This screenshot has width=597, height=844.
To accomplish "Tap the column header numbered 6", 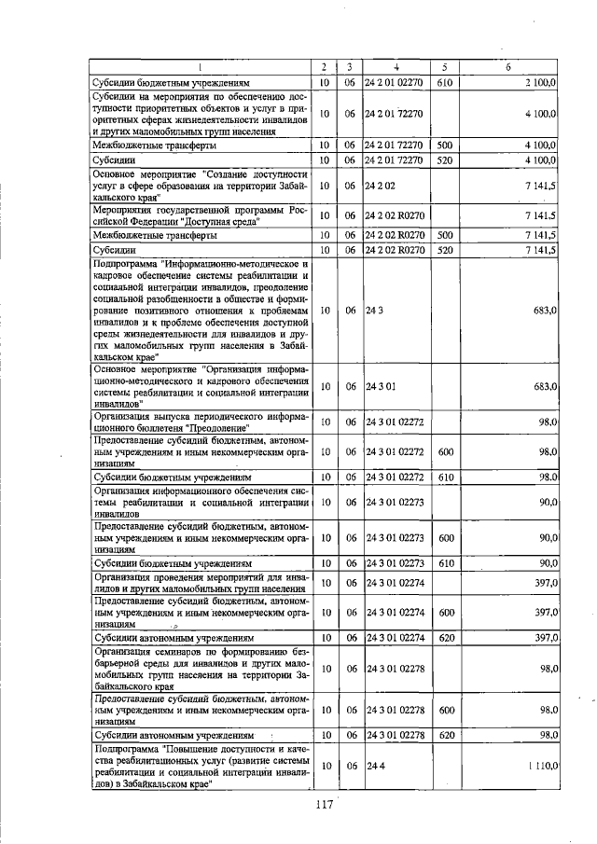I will pyautogui.click(x=507, y=67).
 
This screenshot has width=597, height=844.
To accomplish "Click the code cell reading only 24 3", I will pyautogui.click(x=373, y=310).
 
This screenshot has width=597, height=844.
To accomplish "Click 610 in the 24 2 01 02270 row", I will pyautogui.click(x=444, y=83).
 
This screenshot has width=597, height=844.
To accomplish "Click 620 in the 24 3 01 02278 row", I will pyautogui.click(x=445, y=735).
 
